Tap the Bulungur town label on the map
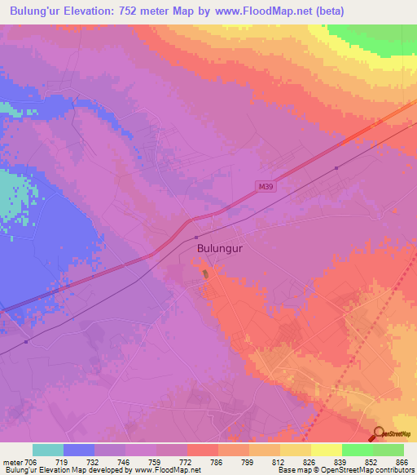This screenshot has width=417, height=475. [x=220, y=246]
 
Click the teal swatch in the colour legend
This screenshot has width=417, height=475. [x=47, y=450]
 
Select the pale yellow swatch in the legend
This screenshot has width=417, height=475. [x=326, y=450]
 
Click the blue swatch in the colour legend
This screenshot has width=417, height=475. [x=79, y=450]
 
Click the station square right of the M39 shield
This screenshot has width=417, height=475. [x=336, y=168]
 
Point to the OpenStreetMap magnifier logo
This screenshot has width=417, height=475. [x=378, y=433]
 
